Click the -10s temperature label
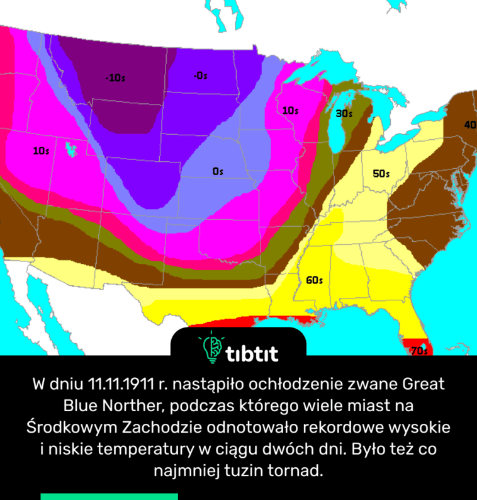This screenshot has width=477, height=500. [x=115, y=78]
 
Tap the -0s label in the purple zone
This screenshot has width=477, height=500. [x=200, y=76]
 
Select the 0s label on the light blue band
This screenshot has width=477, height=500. [x=218, y=171]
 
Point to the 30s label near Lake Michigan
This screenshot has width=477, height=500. [x=344, y=114]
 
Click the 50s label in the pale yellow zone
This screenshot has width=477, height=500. [x=381, y=174]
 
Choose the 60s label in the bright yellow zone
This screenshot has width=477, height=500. [x=314, y=280]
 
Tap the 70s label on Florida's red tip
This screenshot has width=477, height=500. [x=419, y=351]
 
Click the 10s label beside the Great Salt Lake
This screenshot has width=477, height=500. [x=42, y=151]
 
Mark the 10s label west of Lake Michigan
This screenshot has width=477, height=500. [x=289, y=111]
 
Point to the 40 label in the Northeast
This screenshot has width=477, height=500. [x=469, y=125]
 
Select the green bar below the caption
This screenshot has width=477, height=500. [x=109, y=496]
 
